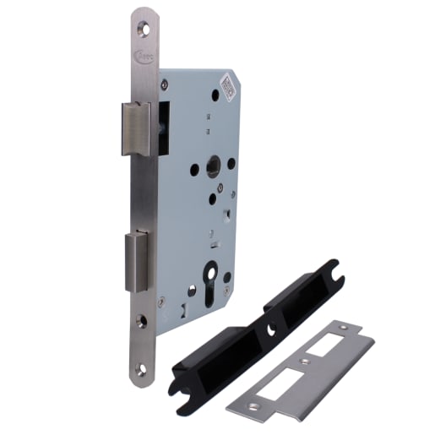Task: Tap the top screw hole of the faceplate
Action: [x=144, y=30]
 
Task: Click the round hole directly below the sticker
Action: [x=215, y=95]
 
